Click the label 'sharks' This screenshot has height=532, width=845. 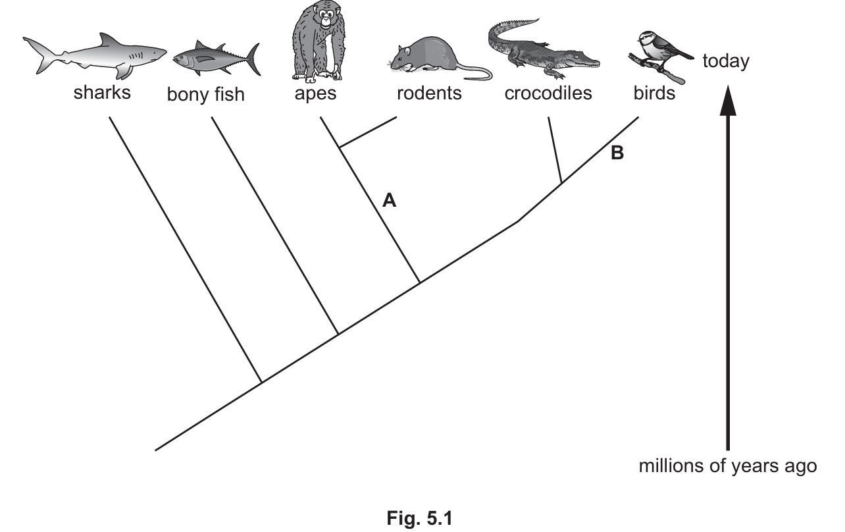pyautogui.click(x=102, y=92)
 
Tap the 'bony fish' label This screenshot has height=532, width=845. pyautogui.click(x=205, y=95)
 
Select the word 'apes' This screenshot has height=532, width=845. pyautogui.click(x=315, y=93)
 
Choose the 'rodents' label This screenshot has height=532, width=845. pyautogui.click(x=429, y=93)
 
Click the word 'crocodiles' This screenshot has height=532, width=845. pyautogui.click(x=548, y=93)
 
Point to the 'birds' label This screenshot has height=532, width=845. pyautogui.click(x=654, y=93)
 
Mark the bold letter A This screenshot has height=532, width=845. pyautogui.click(x=390, y=201)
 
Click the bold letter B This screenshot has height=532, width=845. pyautogui.click(x=617, y=154)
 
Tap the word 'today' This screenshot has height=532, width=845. pyautogui.click(x=726, y=61)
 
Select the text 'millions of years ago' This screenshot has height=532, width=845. pyautogui.click(x=728, y=466)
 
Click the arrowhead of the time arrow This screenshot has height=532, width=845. pyautogui.click(x=727, y=102)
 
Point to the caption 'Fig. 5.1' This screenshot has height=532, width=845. pyautogui.click(x=420, y=518)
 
